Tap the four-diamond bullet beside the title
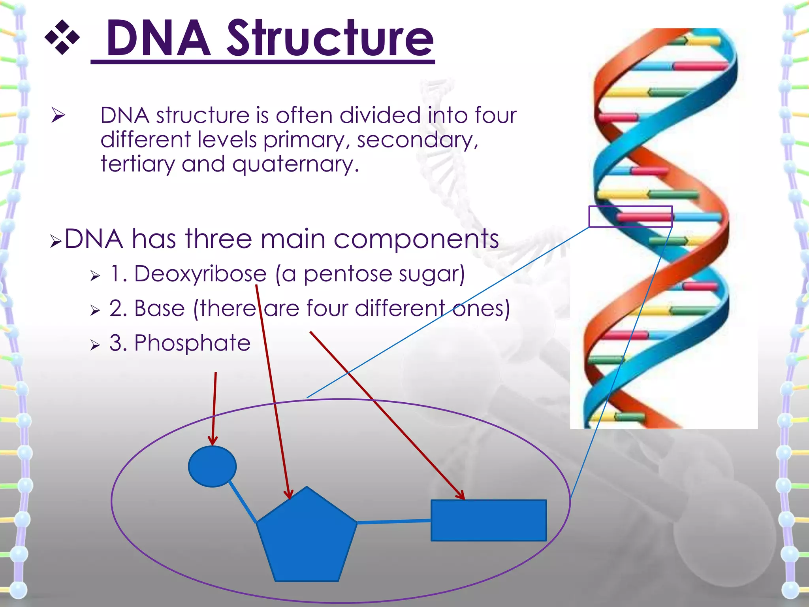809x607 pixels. coord(62,38)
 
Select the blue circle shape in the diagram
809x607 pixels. coord(212,466)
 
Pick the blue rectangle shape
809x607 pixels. coord(489,520)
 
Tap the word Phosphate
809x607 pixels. coord(192,343)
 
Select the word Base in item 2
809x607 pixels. coord(160,308)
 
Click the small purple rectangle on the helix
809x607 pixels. coord(630,216)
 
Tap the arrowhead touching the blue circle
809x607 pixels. coord(213,441)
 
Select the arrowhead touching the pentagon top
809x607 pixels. coord(289,494)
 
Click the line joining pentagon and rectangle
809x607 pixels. coord(394,522)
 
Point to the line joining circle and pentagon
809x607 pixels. coord(243,501)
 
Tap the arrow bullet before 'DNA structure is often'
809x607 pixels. coord(58,115)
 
